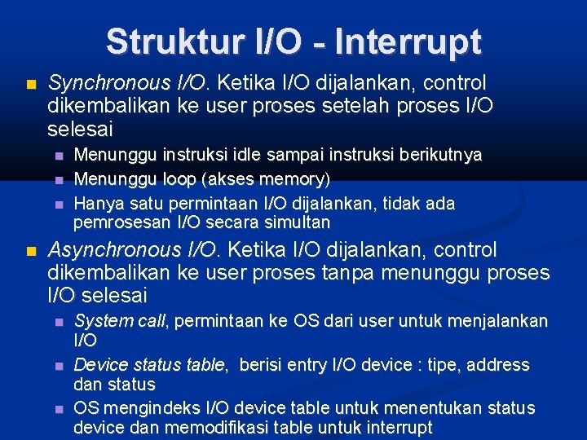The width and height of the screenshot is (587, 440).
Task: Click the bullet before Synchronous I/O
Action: click(32, 84)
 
